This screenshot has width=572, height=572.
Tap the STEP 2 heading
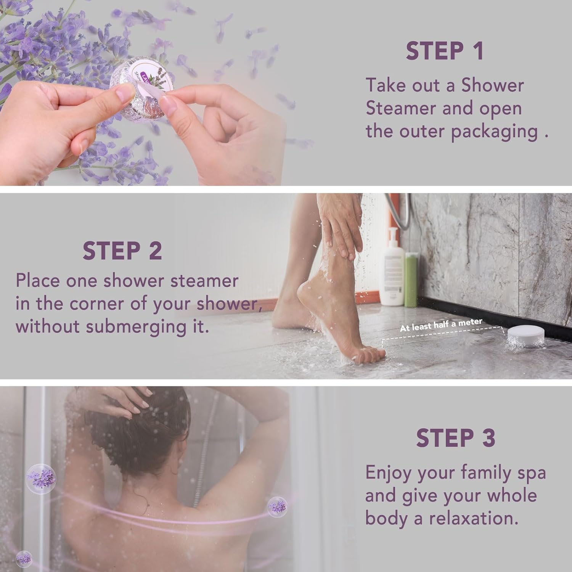pyautogui.click(x=122, y=251)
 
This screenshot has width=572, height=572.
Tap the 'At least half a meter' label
pyautogui.click(x=441, y=325)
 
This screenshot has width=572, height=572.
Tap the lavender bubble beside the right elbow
pyautogui.click(x=277, y=507)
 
